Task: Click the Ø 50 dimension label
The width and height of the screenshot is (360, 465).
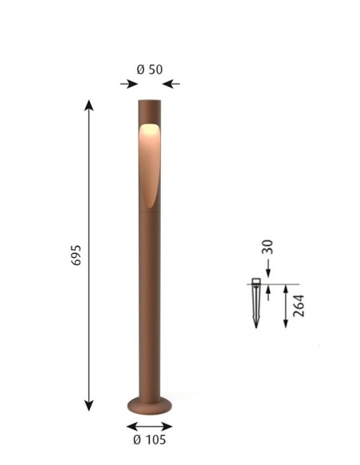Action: coord(150,70)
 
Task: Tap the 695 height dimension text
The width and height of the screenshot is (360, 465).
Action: coord(76,255)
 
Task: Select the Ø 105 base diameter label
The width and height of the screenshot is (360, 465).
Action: coord(150,440)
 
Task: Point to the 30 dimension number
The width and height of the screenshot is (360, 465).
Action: coord(267,247)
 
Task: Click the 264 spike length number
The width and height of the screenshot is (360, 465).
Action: coord(299,306)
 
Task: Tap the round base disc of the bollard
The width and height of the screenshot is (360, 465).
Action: coord(150,404)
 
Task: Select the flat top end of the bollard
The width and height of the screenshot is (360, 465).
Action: coord(150,100)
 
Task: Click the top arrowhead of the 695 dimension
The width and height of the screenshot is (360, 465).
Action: coord(89,105)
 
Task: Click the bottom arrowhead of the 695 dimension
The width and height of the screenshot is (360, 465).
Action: coord(89,405)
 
